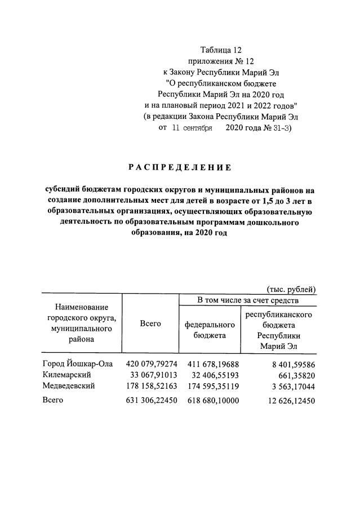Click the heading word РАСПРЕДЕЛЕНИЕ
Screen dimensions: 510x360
pyautogui.click(x=180, y=167)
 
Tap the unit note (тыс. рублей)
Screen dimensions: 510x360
pyautogui.click(x=291, y=290)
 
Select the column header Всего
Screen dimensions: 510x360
pyautogui.click(x=150, y=323)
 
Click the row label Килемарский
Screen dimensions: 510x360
pyautogui.click(x=66, y=374)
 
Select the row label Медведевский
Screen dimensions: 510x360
pyautogui.click(x=69, y=386)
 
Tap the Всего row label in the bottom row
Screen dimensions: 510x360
pyautogui.click(x=53, y=400)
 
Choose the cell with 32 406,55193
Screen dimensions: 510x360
pyautogui.click(x=212, y=375)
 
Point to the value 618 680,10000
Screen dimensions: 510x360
pyautogui.click(x=212, y=401)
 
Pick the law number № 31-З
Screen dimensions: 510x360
pyautogui.click(x=276, y=128)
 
